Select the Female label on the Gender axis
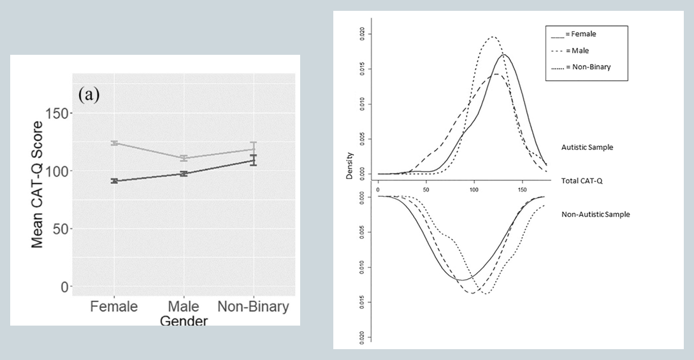[x=113, y=306]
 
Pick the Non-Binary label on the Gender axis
[x=253, y=306]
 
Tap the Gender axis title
[x=184, y=320]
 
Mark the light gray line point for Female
[x=114, y=143]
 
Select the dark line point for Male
[x=184, y=173]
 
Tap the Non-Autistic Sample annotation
[x=595, y=214]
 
